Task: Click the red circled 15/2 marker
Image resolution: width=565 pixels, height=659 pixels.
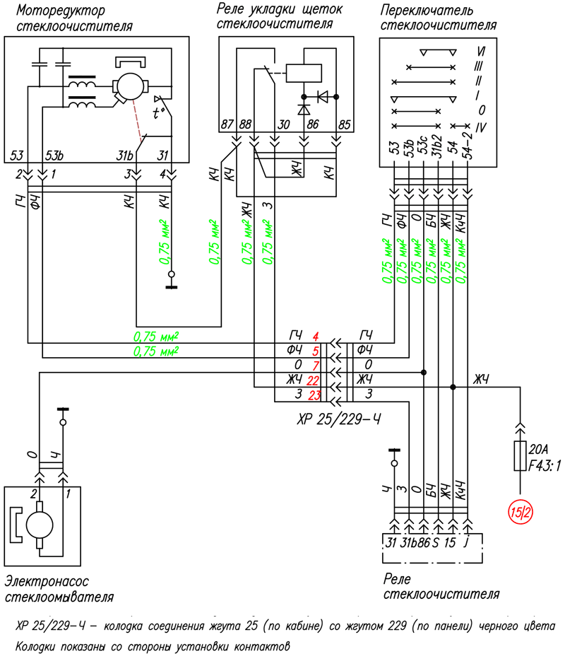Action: (x=521, y=513)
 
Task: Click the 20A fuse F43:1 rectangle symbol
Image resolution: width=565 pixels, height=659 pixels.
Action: (x=520, y=456)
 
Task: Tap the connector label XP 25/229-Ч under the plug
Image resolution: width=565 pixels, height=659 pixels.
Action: (x=338, y=419)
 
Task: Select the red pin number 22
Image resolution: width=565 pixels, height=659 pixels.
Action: (x=313, y=381)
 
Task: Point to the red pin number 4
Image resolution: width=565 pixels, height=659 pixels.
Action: (x=316, y=337)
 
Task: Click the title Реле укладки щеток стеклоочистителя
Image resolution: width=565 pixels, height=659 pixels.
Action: (x=280, y=16)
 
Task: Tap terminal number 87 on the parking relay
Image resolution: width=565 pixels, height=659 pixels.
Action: (x=227, y=124)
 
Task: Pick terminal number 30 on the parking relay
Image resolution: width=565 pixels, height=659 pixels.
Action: (x=284, y=124)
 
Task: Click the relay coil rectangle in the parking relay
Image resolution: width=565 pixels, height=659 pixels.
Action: (x=304, y=73)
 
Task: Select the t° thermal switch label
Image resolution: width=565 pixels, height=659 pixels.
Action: (x=157, y=112)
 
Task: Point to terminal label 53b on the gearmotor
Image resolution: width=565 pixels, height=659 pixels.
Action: (x=54, y=156)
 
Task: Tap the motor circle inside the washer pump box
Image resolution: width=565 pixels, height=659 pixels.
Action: (x=40, y=525)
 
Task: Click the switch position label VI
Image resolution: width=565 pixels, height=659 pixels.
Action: (x=481, y=52)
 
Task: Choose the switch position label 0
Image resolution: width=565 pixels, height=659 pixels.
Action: (x=482, y=110)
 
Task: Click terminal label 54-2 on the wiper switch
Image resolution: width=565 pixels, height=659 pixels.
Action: (x=468, y=146)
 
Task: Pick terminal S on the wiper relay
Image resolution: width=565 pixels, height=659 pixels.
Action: (x=435, y=542)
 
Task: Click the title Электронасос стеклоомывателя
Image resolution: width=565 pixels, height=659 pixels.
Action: (x=59, y=589)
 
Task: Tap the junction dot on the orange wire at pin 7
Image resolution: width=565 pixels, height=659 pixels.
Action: (x=424, y=373)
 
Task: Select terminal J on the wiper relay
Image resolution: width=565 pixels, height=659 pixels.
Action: (x=465, y=543)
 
